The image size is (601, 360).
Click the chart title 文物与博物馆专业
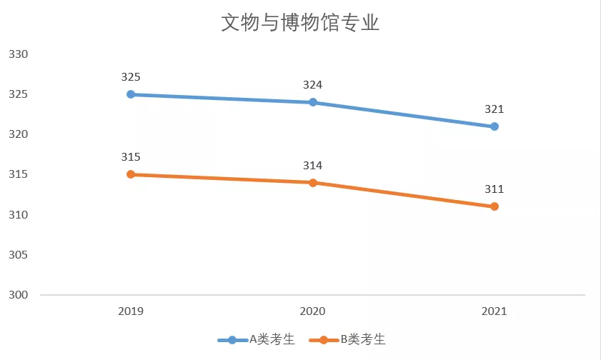tap(300, 23)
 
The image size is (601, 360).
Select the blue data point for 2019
tap(131, 94)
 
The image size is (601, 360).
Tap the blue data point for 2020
tap(313, 102)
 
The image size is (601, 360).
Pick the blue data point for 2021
tap(494, 126)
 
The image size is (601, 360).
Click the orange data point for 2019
tap(131, 174)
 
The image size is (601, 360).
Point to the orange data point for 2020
tap(313, 182)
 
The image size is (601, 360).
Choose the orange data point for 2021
tap(494, 206)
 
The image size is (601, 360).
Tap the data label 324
tap(313, 85)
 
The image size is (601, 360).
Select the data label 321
tap(495, 109)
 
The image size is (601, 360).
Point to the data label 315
tap(131, 157)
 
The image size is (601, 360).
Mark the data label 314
tap(313, 166)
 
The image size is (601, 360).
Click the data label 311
tap(495, 189)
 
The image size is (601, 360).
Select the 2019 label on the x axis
tap(131, 311)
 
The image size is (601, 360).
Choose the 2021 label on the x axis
tap(494, 311)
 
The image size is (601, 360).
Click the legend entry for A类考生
tap(257, 340)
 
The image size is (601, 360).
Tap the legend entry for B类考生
tap(348, 340)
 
